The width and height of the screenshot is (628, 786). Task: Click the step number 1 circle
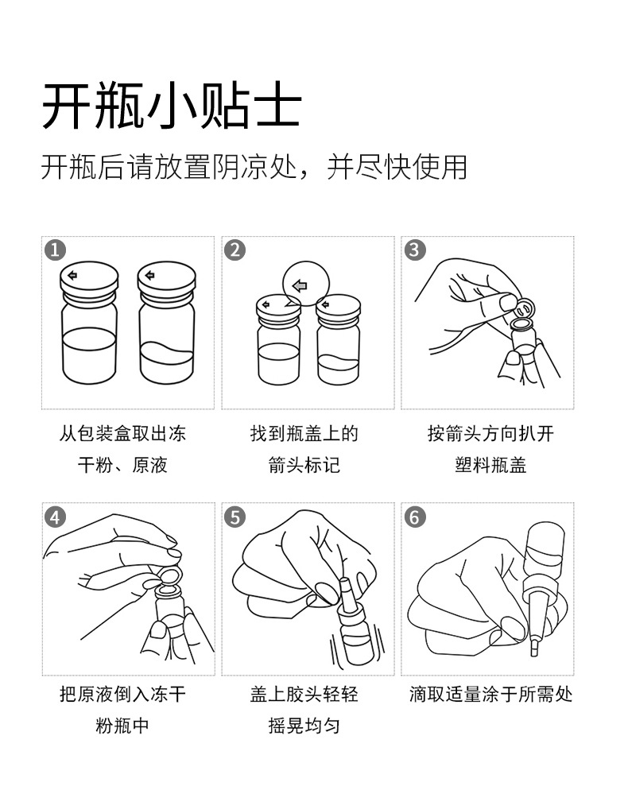pyautogui.click(x=55, y=250)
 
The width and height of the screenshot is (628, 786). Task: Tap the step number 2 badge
pyautogui.click(x=235, y=250)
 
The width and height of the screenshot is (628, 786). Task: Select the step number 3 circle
pyautogui.click(x=414, y=250)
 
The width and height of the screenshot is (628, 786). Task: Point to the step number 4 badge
pyautogui.click(x=55, y=517)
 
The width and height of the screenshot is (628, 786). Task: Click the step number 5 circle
pyautogui.click(x=235, y=517)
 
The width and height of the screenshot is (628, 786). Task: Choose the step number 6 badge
pyautogui.click(x=414, y=517)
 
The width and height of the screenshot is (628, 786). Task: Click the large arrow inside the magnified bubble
pyautogui.click(x=300, y=286)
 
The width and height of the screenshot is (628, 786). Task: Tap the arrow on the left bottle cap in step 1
pyautogui.click(x=72, y=275)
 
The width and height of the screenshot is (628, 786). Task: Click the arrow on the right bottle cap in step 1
pyautogui.click(x=149, y=275)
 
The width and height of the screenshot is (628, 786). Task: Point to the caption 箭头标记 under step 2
pyautogui.click(x=304, y=465)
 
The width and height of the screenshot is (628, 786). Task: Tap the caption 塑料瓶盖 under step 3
pyautogui.click(x=490, y=465)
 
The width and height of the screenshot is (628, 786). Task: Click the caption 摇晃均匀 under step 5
pyautogui.click(x=304, y=726)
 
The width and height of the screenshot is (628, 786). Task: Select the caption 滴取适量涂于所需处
pyautogui.click(x=490, y=695)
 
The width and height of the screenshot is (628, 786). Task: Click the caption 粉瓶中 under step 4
pyautogui.click(x=122, y=726)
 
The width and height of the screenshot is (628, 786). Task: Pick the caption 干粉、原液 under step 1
pyautogui.click(x=122, y=465)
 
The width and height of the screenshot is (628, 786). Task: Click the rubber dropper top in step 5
pyautogui.click(x=346, y=594)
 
